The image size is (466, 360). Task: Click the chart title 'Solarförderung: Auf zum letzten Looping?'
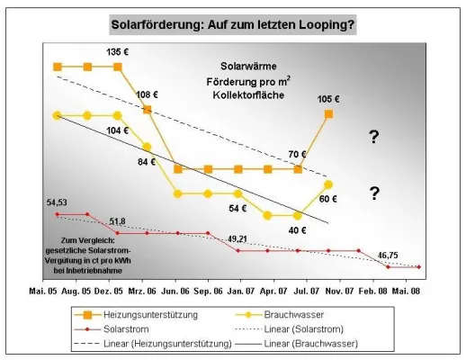(233, 23)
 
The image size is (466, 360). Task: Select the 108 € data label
(147, 93)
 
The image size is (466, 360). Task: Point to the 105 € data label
(329, 98)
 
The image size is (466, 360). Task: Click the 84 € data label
(147, 163)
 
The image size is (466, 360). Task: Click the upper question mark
(373, 136)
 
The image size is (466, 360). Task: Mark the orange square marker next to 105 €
(329, 114)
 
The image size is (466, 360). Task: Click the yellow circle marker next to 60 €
(329, 184)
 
